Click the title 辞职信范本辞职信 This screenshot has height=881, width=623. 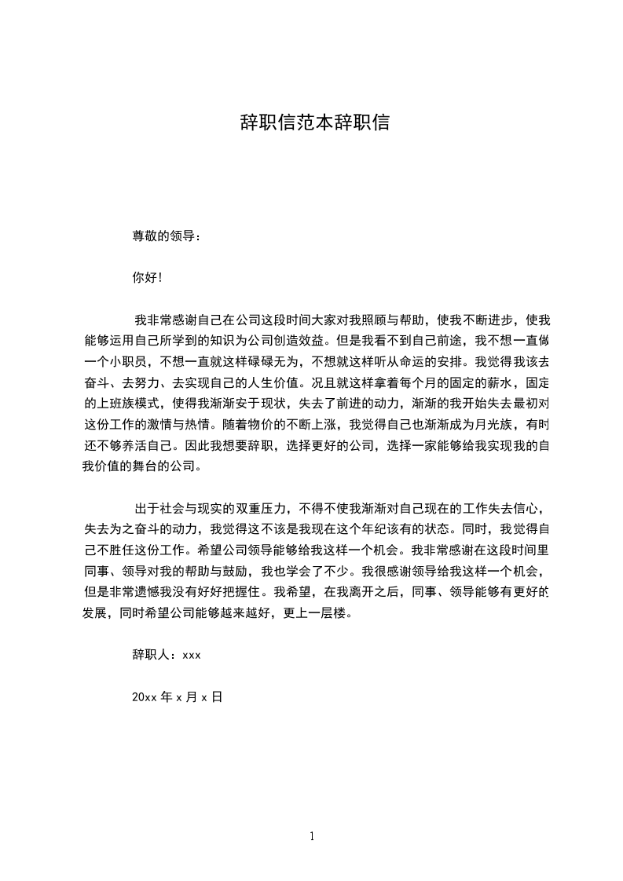[314, 123]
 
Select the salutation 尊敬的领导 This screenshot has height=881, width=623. [164, 235]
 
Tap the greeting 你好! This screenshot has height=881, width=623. [147, 277]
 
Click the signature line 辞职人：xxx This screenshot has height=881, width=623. [167, 654]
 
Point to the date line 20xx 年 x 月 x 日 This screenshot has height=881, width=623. [178, 696]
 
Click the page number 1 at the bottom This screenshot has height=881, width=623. [312, 836]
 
